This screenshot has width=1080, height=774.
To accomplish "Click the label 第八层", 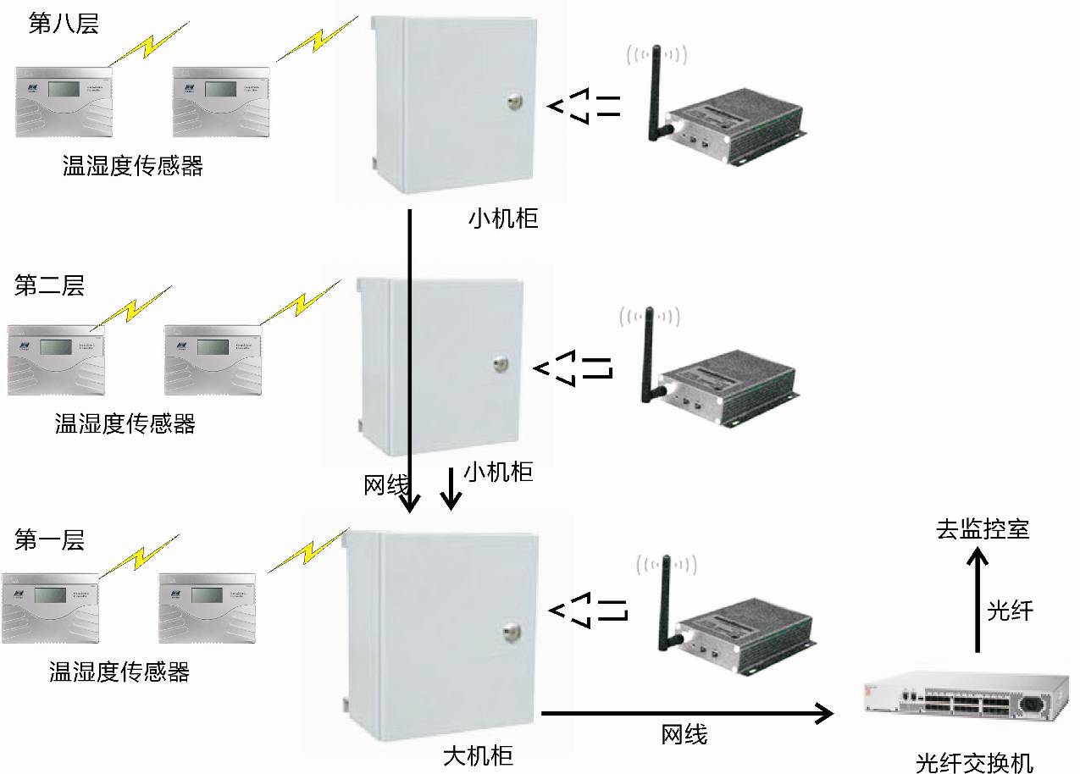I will (64, 24).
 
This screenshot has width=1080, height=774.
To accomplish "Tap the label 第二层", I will (50, 285).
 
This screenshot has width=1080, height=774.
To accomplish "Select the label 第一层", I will (50, 540).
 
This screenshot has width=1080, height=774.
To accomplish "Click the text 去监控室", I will (983, 529).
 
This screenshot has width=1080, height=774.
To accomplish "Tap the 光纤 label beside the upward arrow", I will (1011, 611).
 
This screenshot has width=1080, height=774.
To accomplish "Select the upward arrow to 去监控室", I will (978, 601).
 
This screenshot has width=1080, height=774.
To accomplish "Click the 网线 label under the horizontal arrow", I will (684, 735).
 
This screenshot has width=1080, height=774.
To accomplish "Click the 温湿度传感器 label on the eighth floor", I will (133, 166).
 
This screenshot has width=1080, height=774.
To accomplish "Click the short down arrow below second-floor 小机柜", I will (451, 489).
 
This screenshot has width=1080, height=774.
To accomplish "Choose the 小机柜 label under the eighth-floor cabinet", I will (503, 219).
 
